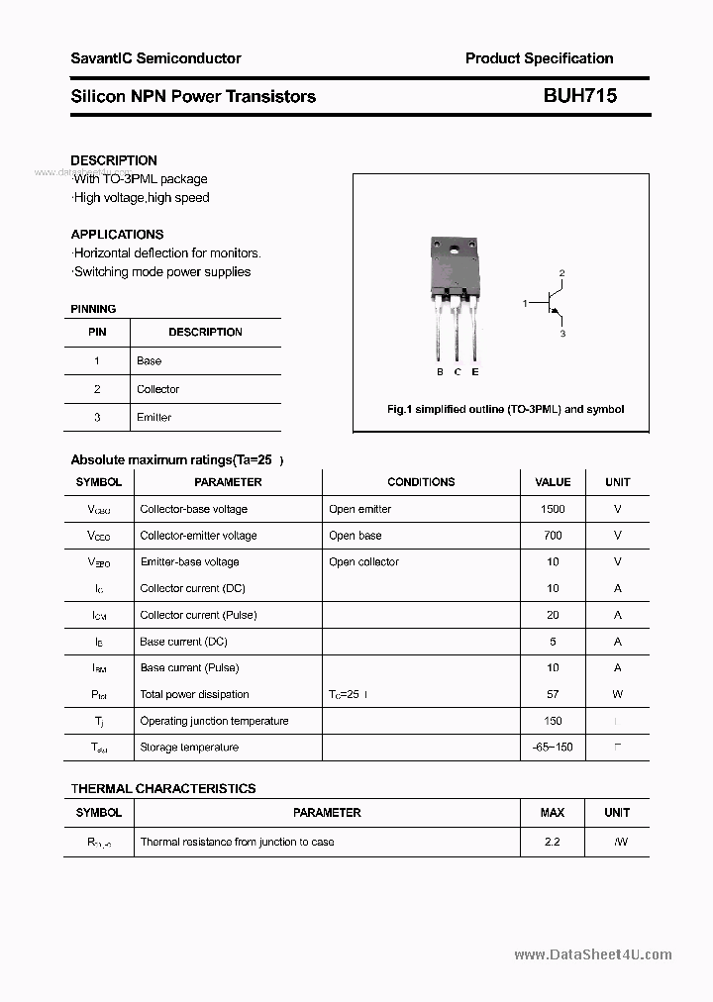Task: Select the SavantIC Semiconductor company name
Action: [155, 58]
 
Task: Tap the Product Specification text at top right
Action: [539, 58]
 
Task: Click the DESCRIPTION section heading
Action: [114, 160]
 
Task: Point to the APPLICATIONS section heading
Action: [117, 235]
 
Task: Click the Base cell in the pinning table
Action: [149, 361]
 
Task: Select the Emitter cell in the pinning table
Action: [153, 418]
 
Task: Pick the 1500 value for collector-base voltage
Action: [553, 509]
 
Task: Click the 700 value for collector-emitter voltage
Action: [553, 536]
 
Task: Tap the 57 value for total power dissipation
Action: [553, 694]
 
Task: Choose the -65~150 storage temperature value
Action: [553, 748]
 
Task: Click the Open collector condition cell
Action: [363, 562]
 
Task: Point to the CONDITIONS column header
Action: [421, 482]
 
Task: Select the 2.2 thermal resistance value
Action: [553, 842]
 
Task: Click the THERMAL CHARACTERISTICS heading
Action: [163, 789]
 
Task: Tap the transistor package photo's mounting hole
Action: [457, 247]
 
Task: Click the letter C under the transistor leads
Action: [458, 372]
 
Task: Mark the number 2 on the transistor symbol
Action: [561, 272]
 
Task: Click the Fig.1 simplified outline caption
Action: [504, 409]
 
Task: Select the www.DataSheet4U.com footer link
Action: [593, 955]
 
